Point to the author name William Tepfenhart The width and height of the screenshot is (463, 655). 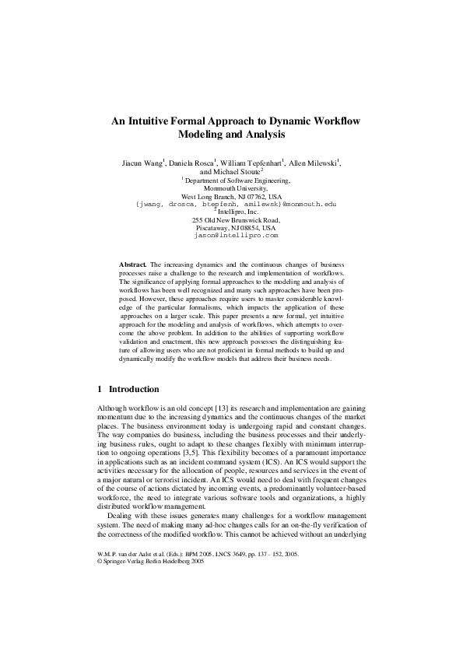251,164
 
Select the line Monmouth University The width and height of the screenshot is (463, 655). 231,188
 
